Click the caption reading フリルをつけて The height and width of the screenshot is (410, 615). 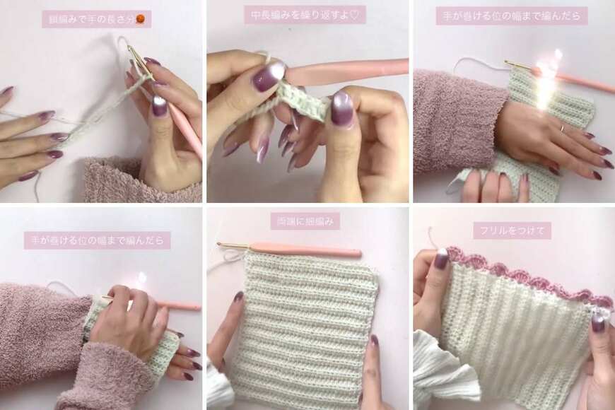pos(512,230)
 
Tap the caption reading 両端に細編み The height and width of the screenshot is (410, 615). pos(305,221)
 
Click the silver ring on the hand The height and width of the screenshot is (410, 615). pos(563,129)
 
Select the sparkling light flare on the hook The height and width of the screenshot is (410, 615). pos(546,74)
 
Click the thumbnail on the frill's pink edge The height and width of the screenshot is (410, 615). pos(441,259)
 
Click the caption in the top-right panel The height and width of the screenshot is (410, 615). pos(512,16)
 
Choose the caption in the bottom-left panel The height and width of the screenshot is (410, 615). pos(97,240)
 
